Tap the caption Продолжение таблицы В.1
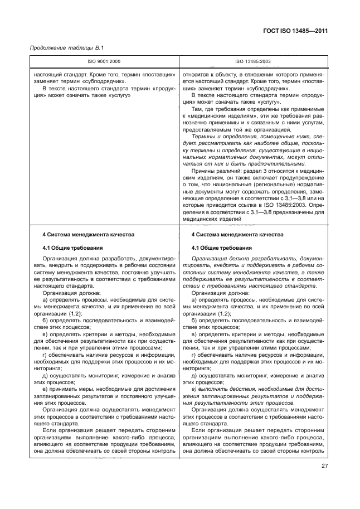click(x=59, y=48)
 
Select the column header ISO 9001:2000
click(x=104, y=61)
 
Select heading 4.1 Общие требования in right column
click(x=221, y=248)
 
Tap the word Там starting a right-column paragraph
click(x=197, y=110)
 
